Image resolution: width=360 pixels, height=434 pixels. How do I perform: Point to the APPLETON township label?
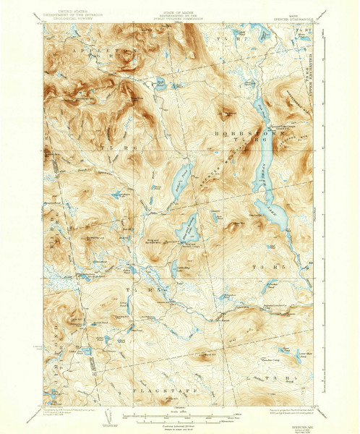point(103,53)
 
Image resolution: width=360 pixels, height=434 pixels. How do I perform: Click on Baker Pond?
point(177,176)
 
